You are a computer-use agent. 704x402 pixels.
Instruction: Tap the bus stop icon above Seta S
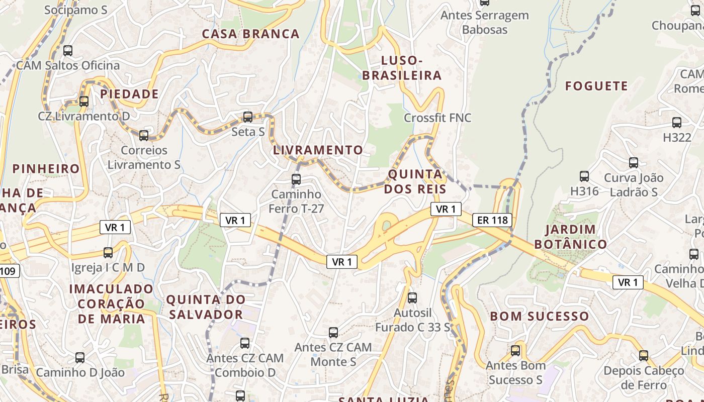[x=247, y=117]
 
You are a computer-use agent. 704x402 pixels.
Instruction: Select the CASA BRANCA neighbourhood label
[x=250, y=34]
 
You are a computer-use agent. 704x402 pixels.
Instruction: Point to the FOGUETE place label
[x=596, y=86]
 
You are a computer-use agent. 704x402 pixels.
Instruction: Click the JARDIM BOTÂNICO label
[x=570, y=237]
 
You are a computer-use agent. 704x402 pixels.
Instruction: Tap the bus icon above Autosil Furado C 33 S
[x=412, y=298]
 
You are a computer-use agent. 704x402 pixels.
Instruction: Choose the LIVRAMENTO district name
[x=318, y=150]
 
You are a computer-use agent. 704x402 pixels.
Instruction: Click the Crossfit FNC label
[x=437, y=118]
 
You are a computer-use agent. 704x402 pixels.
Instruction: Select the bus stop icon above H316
[x=584, y=176]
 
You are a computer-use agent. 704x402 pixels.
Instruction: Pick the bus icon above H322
[x=677, y=123]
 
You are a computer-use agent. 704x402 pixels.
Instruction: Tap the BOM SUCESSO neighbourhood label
[x=539, y=316]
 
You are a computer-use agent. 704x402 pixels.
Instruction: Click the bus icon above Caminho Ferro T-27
[x=296, y=179]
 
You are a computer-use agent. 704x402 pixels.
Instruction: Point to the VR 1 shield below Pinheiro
[x=115, y=227]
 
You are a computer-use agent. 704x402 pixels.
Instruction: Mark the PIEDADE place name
[x=129, y=94]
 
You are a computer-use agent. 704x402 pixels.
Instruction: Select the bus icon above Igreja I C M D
[x=108, y=253]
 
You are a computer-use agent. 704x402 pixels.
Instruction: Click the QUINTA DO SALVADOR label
[x=206, y=307]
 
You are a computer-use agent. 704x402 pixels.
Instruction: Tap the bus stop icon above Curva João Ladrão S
[x=634, y=163]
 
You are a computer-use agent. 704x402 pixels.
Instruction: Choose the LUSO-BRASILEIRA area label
[x=402, y=68]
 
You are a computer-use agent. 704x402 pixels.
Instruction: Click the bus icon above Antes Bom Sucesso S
[x=515, y=351]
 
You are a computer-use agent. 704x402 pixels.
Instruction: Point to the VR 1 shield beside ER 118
[x=446, y=209]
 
